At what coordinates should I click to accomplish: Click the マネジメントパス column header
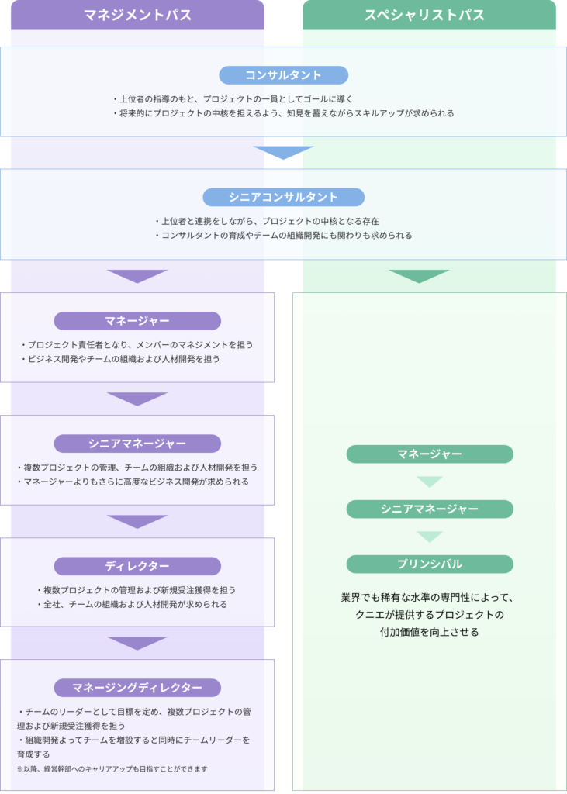point(137,15)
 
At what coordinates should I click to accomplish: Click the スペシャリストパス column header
point(429,15)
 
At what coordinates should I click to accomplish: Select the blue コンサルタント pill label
point(284,75)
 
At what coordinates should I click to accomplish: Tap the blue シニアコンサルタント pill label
point(284,197)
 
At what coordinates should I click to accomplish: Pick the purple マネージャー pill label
point(137,321)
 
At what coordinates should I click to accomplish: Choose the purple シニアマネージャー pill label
point(137,444)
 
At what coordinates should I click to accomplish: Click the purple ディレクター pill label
point(137,566)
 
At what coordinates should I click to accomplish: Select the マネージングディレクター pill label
point(137,688)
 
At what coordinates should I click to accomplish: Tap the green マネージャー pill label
point(430,454)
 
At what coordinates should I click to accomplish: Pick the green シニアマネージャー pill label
point(430,509)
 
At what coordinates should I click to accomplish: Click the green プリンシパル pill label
point(430,564)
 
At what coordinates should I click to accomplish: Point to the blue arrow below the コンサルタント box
point(284,153)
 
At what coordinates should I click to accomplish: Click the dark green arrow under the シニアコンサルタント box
point(419,276)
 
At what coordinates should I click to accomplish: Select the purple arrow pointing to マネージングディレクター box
point(137,643)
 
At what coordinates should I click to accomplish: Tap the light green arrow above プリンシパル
point(430,537)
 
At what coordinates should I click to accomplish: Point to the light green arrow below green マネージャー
point(430,482)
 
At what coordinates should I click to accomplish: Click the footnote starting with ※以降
point(112,768)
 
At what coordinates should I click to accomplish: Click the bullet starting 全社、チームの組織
point(133,604)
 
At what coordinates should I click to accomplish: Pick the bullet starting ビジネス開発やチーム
point(120,359)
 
